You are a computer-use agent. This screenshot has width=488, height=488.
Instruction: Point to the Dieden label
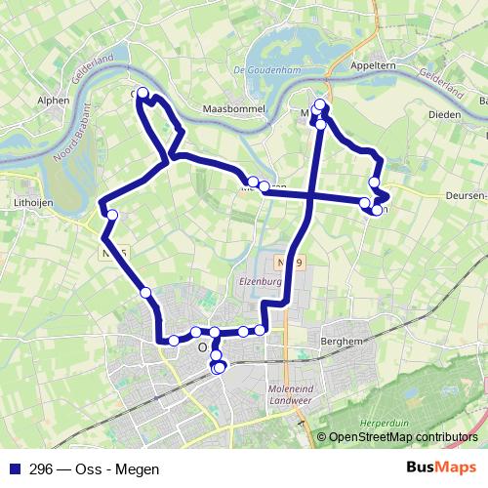[445, 114]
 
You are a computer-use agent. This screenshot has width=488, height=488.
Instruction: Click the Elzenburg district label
[260, 279]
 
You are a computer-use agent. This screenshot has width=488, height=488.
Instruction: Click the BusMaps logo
[442, 468]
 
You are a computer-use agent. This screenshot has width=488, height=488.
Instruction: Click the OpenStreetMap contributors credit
[403, 437]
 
